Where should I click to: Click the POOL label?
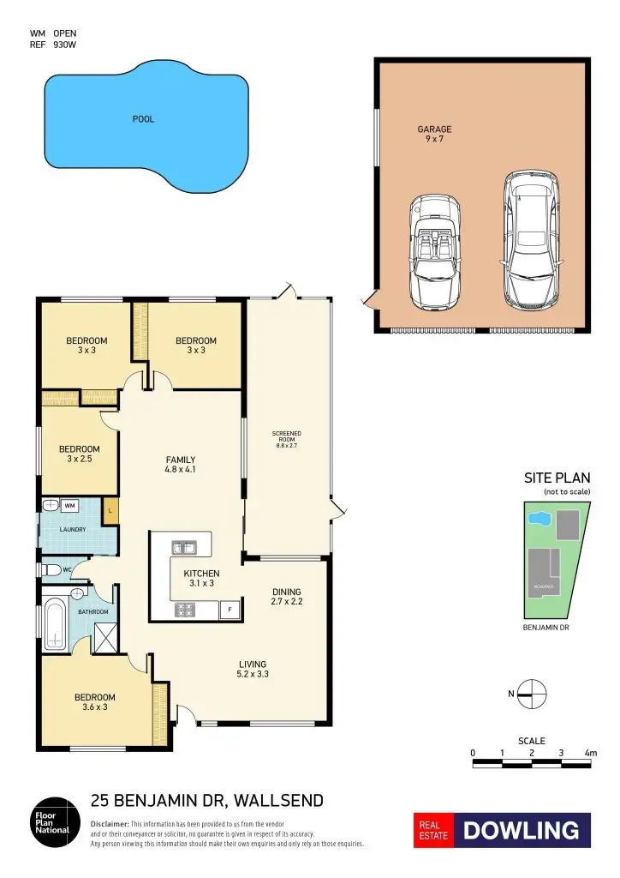click(x=143, y=119)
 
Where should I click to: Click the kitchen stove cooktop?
click(x=184, y=610)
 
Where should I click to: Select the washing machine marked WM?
click(x=69, y=506)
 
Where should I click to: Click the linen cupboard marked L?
click(x=110, y=512)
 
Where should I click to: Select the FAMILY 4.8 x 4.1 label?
click(x=181, y=464)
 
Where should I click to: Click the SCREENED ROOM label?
click(x=287, y=439)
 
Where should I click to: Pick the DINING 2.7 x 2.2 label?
click(x=287, y=597)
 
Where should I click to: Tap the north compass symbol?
click(x=532, y=692)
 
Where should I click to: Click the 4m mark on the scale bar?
click(x=590, y=753)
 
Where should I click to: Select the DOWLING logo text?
click(x=522, y=830)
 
